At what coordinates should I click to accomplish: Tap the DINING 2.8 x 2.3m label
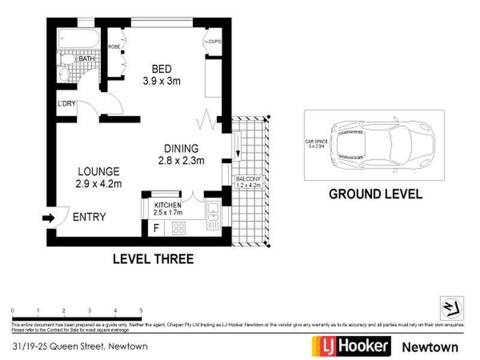tap(181, 154)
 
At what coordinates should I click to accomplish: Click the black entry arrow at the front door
tap(48, 218)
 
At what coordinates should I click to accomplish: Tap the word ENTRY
tap(89, 217)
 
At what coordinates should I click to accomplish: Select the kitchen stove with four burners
tap(179, 227)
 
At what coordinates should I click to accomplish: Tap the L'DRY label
tap(66, 104)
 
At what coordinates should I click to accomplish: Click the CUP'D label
tap(215, 41)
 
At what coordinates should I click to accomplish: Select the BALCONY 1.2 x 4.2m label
tap(248, 182)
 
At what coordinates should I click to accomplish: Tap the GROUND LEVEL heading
tap(375, 194)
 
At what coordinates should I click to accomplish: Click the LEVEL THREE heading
tap(154, 259)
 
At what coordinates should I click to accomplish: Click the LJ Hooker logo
tap(351, 346)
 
